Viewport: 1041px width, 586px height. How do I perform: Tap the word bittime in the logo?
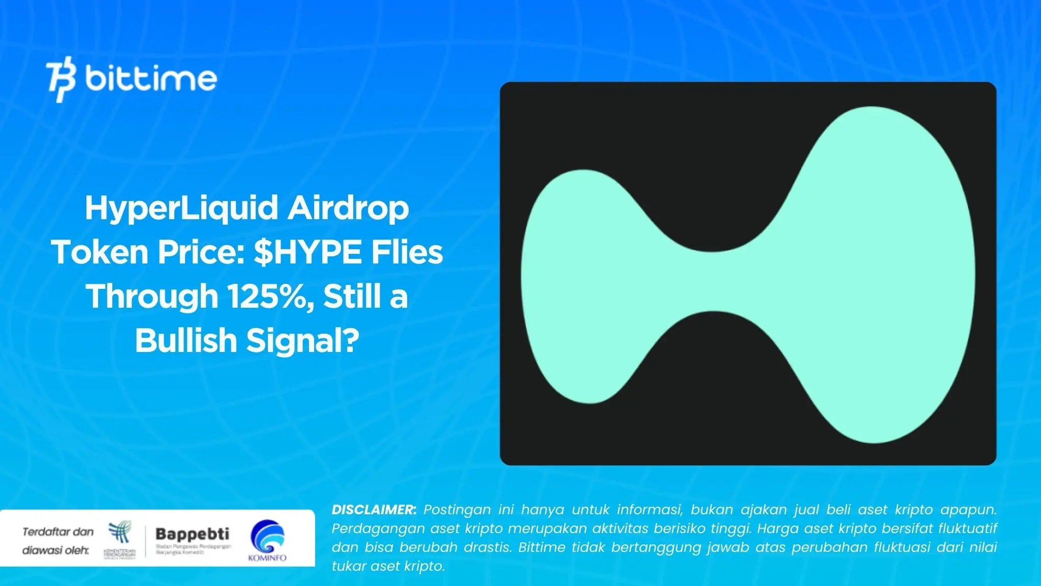click(x=150, y=79)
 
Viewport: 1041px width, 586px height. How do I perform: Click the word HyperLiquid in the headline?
click(x=182, y=209)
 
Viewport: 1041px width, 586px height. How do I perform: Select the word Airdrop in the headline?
click(x=348, y=209)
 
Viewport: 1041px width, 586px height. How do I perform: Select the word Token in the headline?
click(x=100, y=252)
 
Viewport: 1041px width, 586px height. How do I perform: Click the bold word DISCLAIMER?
click(x=374, y=510)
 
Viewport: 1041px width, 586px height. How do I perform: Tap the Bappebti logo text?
click(x=192, y=534)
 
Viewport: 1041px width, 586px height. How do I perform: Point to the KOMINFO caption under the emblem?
click(x=267, y=558)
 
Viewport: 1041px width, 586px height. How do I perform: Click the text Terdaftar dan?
click(x=58, y=532)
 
